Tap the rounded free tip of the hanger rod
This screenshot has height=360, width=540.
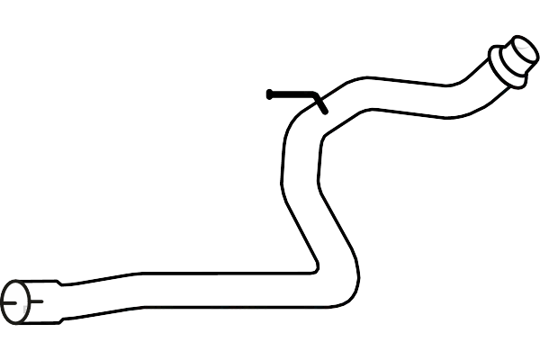click(270, 94)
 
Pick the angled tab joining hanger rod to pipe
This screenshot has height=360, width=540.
click(320, 103)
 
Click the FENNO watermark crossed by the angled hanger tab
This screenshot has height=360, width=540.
click(332, 89)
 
